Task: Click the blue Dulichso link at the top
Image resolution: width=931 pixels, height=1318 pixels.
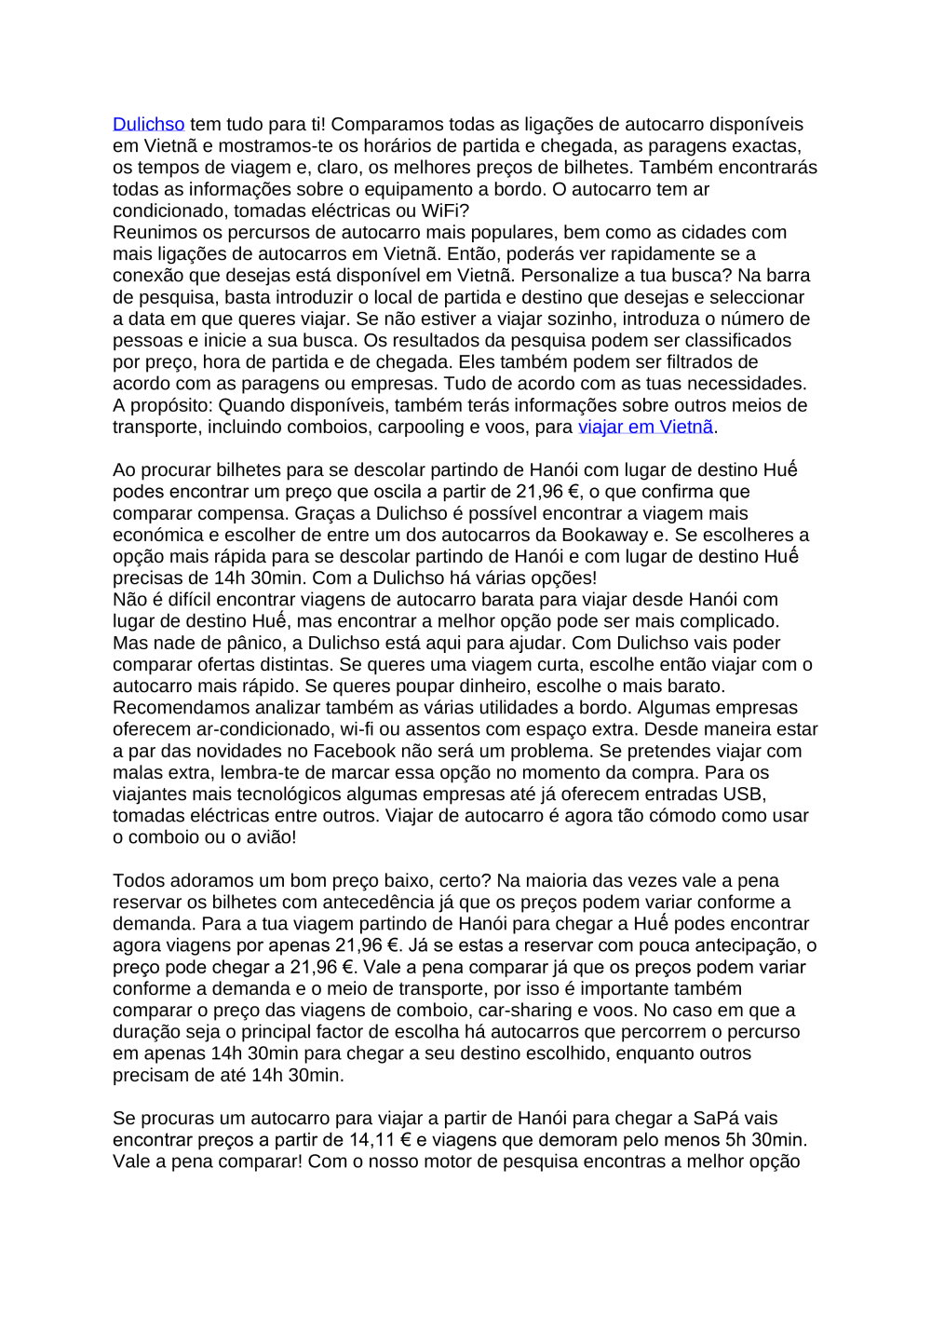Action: [x=148, y=125]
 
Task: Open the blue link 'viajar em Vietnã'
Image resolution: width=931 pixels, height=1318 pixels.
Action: [x=645, y=428]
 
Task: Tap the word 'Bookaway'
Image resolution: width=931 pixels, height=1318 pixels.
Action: [x=604, y=536]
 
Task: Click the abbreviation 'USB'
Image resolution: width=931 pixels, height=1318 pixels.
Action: [x=744, y=795]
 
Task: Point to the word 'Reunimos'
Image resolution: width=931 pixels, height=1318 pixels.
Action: [x=153, y=233]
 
